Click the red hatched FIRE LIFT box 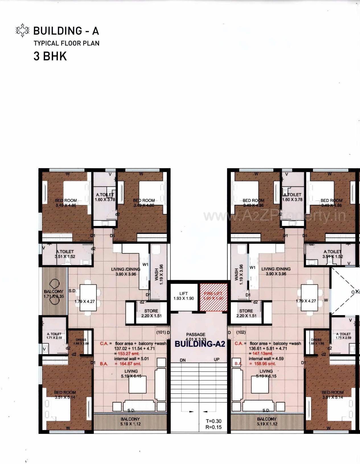click(213, 297)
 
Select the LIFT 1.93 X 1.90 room click(184, 296)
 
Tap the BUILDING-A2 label click(200, 344)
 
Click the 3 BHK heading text click(50, 56)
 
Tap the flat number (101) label click(161, 332)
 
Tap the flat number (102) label click(241, 332)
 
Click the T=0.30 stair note click(213, 421)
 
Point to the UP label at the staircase click(217, 360)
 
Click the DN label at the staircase click(183, 360)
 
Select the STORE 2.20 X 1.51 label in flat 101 click(151, 313)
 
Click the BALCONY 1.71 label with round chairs click(54, 294)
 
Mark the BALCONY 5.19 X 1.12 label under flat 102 click(267, 421)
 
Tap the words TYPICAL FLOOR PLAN click(67, 43)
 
